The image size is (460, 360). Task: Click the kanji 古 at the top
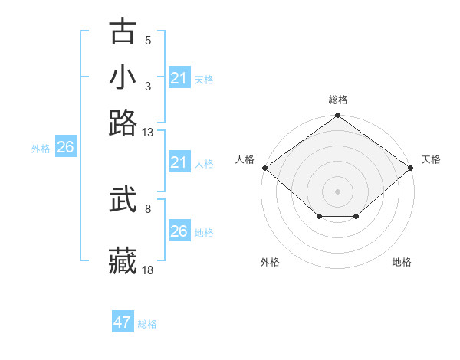[123, 33]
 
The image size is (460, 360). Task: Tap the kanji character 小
[123, 77]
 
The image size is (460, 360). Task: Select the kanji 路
[123, 123]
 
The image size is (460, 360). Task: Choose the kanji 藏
[123, 261]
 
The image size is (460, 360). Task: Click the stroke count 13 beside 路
[148, 132]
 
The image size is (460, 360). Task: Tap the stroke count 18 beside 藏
[148, 270]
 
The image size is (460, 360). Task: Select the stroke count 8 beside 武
[148, 208]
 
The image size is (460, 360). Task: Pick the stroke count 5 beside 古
[148, 41]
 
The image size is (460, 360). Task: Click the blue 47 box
[123, 322]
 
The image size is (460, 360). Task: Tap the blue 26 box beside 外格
[65, 147]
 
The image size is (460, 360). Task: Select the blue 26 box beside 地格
[179, 231]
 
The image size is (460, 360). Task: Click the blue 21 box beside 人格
[179, 162]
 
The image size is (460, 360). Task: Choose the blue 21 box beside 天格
[179, 78]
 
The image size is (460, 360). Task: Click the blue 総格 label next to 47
[147, 324]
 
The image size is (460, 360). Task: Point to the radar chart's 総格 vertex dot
[337, 116]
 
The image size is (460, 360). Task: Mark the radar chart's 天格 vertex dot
[411, 168]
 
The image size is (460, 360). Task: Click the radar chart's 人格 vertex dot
[264, 168]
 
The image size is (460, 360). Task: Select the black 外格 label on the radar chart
[270, 262]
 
